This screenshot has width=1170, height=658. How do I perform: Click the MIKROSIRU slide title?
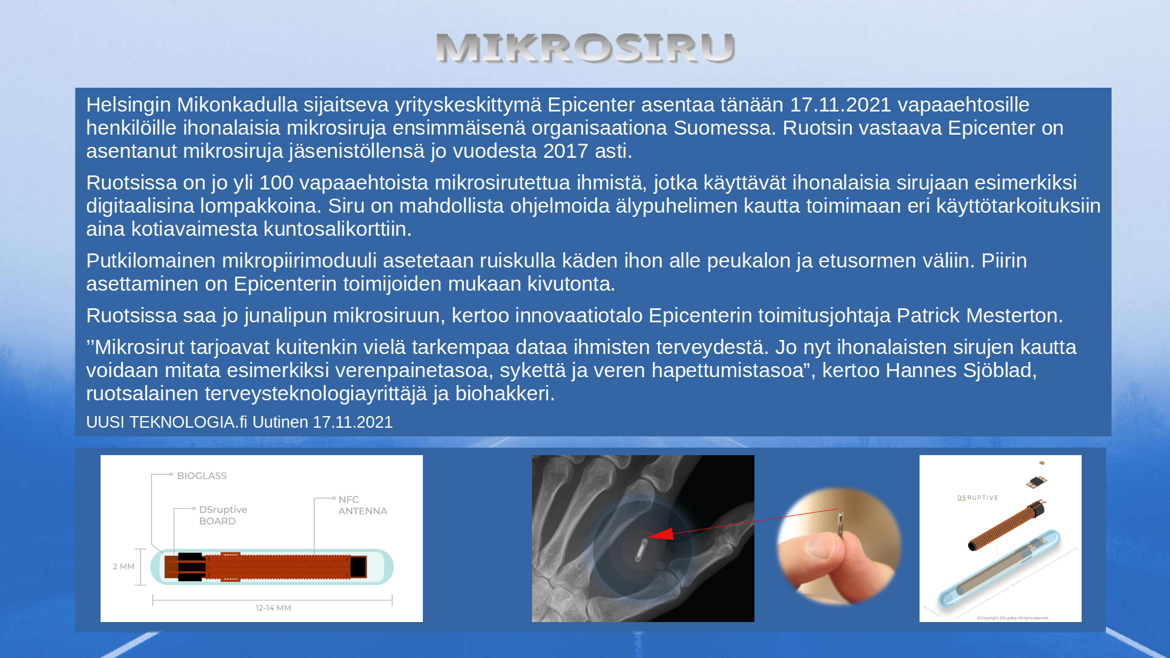coord(586,48)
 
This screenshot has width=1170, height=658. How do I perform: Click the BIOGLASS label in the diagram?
coord(202,476)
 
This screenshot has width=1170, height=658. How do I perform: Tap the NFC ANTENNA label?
coord(363,505)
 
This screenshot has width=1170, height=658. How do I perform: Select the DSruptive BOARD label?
coord(223,515)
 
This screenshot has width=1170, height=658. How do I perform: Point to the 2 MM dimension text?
coord(124,567)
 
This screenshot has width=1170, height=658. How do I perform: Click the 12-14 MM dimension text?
coord(273,608)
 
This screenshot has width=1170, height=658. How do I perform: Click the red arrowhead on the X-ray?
coord(662,534)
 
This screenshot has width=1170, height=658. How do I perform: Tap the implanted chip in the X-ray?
coord(641,550)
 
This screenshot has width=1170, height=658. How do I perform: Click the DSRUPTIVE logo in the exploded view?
coord(978,498)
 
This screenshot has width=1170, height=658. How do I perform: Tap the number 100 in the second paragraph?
coord(276,183)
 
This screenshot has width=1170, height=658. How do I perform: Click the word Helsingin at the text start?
coord(129,105)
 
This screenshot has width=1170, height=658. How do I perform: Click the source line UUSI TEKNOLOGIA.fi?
coord(166,422)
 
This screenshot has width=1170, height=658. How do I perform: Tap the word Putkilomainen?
coord(151,261)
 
